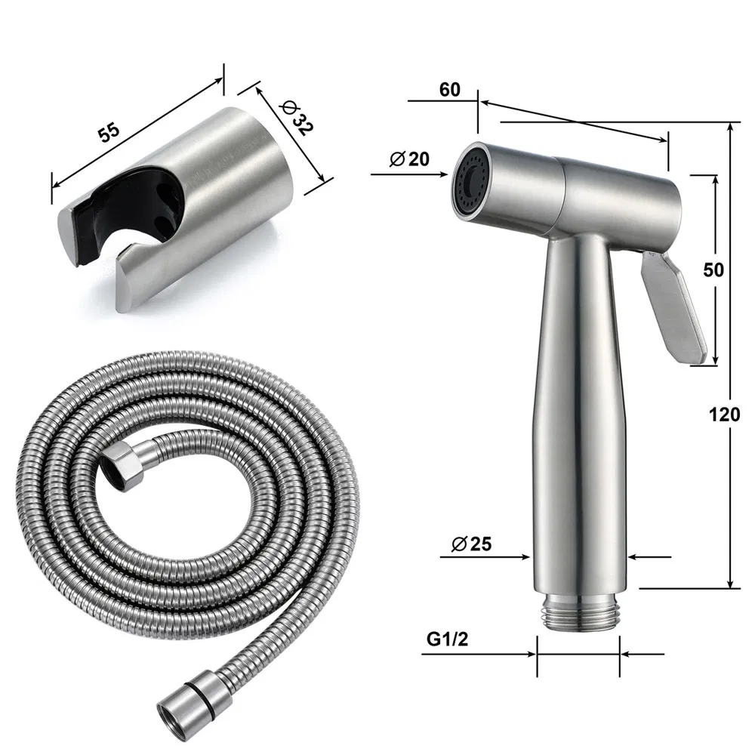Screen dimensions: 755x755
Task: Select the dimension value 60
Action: (449, 90)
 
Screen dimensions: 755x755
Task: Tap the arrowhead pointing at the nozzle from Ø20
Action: (444, 174)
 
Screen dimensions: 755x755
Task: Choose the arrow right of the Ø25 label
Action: (639, 558)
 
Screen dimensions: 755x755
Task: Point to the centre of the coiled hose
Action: (189, 528)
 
